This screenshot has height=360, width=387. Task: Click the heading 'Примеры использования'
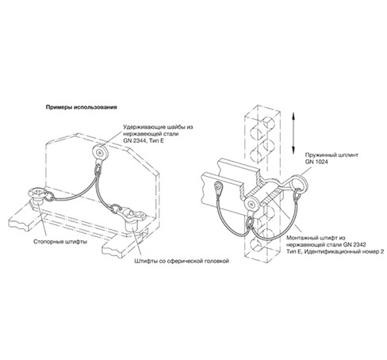tap(82, 107)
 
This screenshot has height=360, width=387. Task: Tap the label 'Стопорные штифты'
tap(60, 242)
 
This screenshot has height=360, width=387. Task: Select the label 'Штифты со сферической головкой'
tap(182, 261)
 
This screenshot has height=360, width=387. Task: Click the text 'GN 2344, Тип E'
tap(144, 140)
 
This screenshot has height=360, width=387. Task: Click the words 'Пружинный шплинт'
tap(331, 155)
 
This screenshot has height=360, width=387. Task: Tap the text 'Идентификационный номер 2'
tap(344, 251)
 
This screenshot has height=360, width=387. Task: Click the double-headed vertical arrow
tap(293, 133)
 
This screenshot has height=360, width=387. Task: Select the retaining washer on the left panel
tap(100, 152)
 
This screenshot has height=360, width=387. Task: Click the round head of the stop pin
tap(37, 193)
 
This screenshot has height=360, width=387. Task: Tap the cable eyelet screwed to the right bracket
tap(219, 188)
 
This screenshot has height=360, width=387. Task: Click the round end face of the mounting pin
tap(251, 205)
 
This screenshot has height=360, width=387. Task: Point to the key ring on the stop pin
tap(50, 196)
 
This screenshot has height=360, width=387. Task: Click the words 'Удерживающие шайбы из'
tap(158, 127)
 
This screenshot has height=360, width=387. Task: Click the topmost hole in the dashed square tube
tap(269, 122)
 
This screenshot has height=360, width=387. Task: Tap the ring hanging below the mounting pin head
tap(250, 221)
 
